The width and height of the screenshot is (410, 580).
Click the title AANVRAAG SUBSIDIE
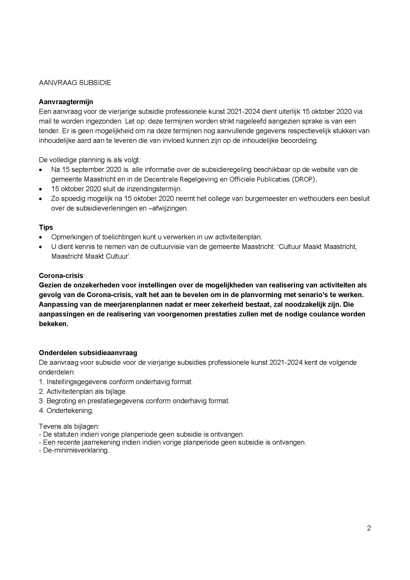coord(75,83)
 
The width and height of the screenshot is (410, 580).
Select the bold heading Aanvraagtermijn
coord(66,102)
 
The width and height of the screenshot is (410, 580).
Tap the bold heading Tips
coord(46,227)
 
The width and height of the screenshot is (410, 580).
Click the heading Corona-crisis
coord(61,275)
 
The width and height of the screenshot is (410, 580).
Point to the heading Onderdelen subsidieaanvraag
coord(88,353)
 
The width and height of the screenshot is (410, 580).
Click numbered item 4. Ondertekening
coord(66,410)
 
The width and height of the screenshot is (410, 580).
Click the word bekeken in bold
coord(53,324)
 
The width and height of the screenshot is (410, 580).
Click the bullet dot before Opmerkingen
coord(41,238)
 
